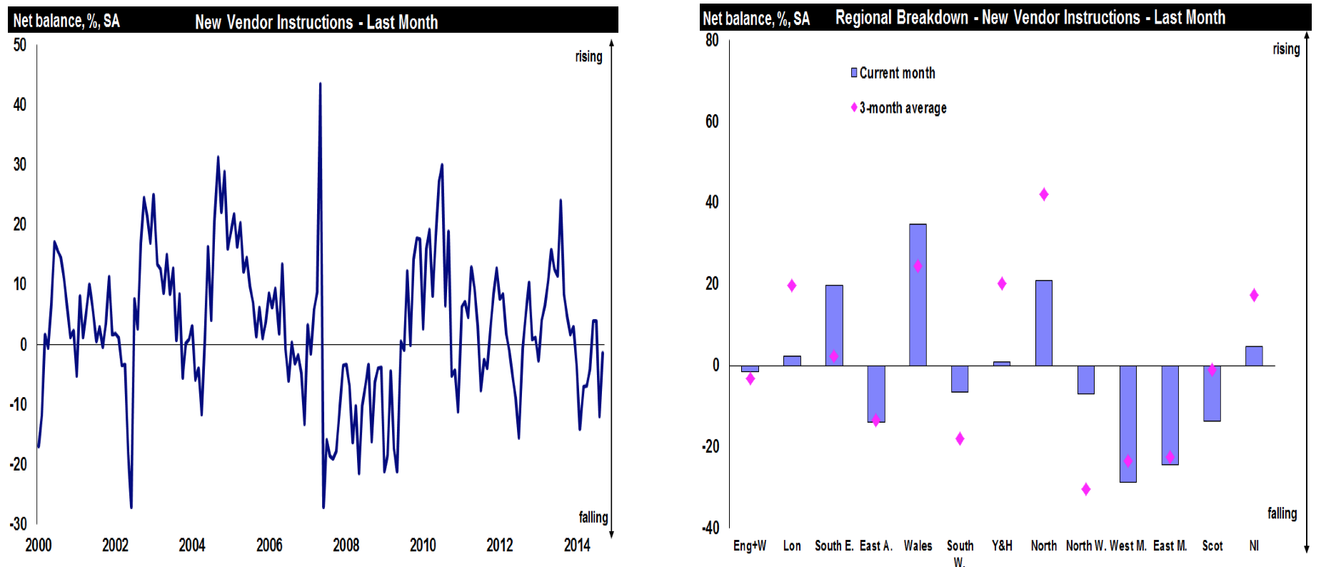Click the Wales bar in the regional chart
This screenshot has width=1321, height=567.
(918, 295)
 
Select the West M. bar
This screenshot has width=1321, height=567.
(1127, 423)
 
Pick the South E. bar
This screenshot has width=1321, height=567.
(834, 326)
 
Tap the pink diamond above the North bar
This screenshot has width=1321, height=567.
(1044, 194)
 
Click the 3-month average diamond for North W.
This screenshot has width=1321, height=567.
(1085, 489)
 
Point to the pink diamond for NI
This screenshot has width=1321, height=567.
(1254, 295)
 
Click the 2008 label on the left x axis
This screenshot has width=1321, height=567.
(346, 546)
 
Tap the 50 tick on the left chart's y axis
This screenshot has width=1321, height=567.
(20, 45)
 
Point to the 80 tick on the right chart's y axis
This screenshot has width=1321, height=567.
(712, 40)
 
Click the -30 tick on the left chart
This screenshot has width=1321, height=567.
(19, 524)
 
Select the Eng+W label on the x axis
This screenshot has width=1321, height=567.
(750, 546)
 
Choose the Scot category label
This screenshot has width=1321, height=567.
(1212, 546)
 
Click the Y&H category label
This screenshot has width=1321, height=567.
(1002, 546)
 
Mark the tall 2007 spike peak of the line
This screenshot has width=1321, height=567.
(320, 84)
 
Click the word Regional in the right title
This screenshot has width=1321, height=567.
(865, 17)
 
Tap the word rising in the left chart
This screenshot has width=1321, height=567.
(588, 56)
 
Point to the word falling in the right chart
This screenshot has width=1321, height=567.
(1282, 513)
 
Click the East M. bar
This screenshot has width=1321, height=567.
(1170, 415)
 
